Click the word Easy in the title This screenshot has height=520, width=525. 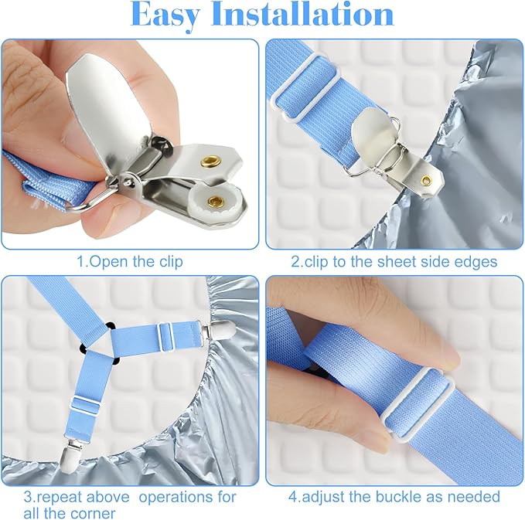pyautogui.click(x=172, y=16)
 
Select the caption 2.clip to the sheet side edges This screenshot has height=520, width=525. pyautogui.click(x=394, y=261)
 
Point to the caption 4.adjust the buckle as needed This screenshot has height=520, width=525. pyautogui.click(x=394, y=497)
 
